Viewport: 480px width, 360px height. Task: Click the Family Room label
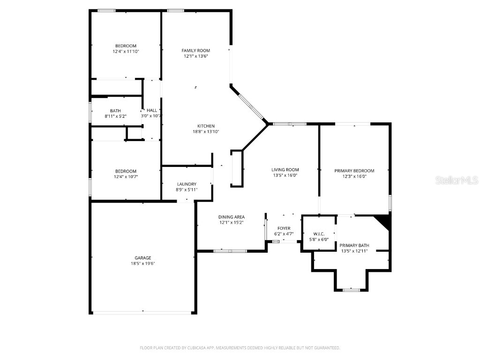(x=195, y=50)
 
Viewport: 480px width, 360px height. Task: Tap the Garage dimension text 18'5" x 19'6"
(x=143, y=263)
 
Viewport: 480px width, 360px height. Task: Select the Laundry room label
(x=187, y=184)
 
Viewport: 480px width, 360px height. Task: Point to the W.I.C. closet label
(x=319, y=233)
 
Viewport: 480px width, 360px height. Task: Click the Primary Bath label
(x=354, y=245)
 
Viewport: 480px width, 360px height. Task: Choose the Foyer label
(x=284, y=228)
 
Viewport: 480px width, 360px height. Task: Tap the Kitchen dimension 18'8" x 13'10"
(x=206, y=132)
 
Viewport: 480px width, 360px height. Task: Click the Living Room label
(x=285, y=170)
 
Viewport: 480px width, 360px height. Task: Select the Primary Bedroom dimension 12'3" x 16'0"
(x=354, y=177)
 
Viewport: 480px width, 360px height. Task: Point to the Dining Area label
(x=232, y=217)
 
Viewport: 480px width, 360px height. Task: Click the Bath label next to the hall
(x=115, y=111)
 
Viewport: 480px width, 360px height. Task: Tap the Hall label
(x=152, y=110)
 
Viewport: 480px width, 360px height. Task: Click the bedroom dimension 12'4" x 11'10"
(x=126, y=52)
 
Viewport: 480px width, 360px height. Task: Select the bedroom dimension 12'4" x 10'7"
(x=126, y=177)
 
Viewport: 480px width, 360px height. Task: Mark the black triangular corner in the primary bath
(x=384, y=220)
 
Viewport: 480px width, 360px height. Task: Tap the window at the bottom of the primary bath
(x=351, y=290)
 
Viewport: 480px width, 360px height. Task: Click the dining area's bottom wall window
(x=230, y=251)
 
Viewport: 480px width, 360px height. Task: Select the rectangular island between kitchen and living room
(x=237, y=169)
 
